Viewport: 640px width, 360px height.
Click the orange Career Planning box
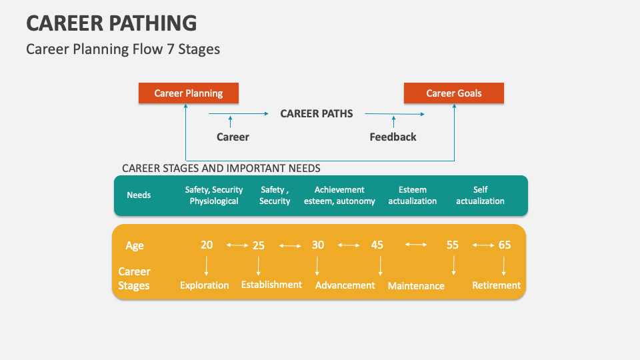(x=188, y=93)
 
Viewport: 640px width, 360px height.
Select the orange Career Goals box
(x=453, y=93)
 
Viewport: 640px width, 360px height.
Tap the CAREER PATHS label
(x=316, y=113)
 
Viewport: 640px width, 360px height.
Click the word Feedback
(x=393, y=137)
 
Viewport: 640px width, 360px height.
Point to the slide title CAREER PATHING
(x=111, y=23)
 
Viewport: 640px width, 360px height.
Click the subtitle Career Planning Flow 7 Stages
(x=123, y=49)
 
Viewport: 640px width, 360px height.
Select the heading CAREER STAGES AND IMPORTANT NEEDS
(x=221, y=168)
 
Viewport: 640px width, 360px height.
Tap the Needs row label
(x=139, y=195)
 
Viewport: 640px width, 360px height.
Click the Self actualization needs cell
(x=480, y=195)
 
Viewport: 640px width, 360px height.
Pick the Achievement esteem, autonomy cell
(x=339, y=195)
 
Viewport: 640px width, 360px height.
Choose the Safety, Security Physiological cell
(x=214, y=195)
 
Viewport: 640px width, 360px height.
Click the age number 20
(x=207, y=245)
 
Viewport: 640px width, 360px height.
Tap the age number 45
(x=377, y=245)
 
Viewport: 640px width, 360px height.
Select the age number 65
(x=504, y=245)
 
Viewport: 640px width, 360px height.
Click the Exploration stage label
(x=204, y=285)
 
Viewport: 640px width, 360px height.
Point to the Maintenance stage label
(x=416, y=286)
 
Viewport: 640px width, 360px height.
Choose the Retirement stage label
(x=496, y=285)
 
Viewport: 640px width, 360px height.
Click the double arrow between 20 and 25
(x=237, y=245)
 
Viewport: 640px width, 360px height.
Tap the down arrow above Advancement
(x=317, y=266)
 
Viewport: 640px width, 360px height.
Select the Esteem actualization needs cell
(x=413, y=195)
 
